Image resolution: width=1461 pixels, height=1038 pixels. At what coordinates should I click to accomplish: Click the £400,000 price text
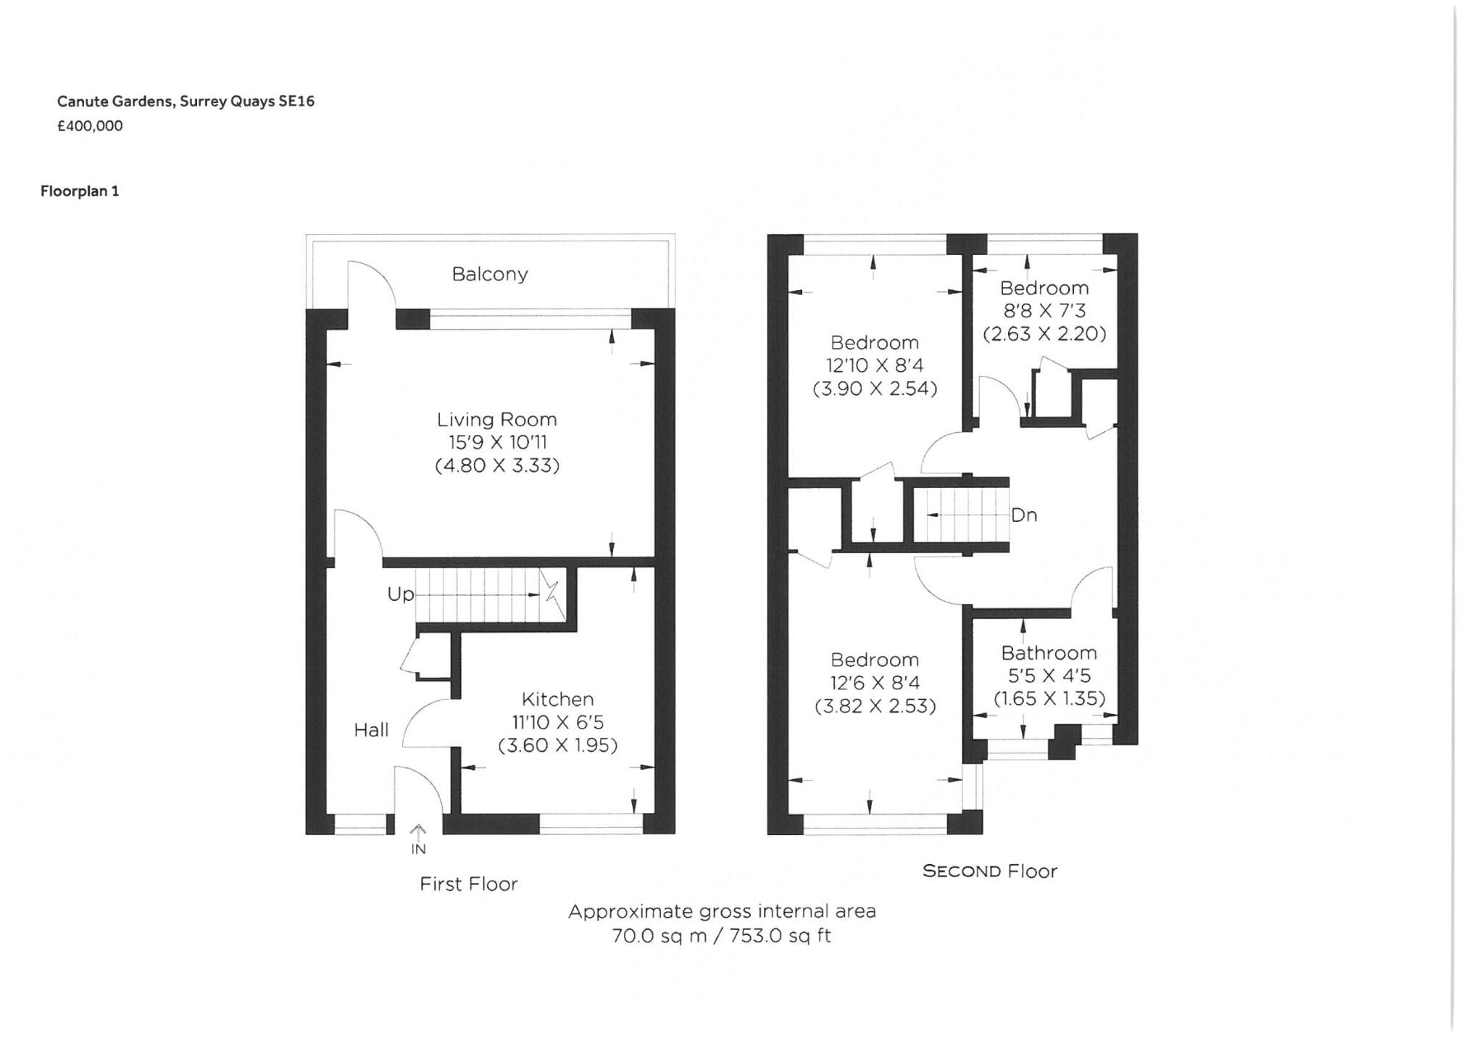(x=90, y=126)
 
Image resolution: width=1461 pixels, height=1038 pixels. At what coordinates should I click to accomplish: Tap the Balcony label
(x=490, y=274)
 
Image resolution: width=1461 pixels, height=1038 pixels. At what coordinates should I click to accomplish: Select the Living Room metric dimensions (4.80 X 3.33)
(x=497, y=465)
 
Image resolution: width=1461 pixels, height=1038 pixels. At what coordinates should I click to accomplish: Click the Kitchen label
(x=557, y=699)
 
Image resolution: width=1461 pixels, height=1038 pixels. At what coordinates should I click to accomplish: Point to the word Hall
(x=371, y=730)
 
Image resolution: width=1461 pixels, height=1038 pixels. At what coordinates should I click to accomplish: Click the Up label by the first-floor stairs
(x=400, y=594)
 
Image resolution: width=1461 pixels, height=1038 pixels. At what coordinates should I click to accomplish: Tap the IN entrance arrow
(x=418, y=840)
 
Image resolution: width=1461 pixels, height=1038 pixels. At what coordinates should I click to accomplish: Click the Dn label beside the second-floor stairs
(x=1023, y=515)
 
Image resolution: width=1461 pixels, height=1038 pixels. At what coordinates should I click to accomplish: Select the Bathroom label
(x=1049, y=652)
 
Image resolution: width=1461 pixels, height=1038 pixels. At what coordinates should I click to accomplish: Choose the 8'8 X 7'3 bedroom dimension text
(x=1044, y=311)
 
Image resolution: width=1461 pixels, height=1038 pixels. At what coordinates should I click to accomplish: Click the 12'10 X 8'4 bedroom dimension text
(x=875, y=365)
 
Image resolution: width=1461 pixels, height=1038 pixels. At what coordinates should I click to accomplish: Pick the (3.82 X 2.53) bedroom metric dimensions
(x=875, y=706)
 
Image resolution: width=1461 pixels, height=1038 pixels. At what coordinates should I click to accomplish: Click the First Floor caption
(x=469, y=884)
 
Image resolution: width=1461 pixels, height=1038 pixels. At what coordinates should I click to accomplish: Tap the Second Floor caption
(x=989, y=871)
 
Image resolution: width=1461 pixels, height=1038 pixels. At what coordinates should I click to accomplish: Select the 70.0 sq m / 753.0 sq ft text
(x=721, y=936)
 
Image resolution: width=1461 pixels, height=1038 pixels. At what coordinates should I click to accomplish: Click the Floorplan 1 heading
(x=80, y=191)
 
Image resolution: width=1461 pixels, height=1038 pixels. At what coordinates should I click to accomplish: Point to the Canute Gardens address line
(x=186, y=101)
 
